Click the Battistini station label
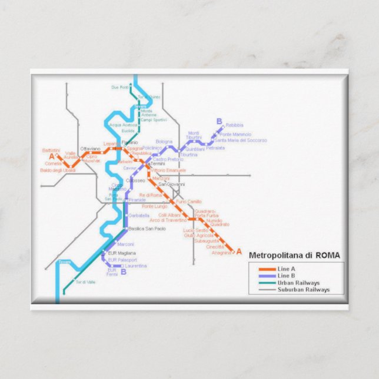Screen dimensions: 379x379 point(51,151)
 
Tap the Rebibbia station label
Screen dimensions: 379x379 point(234,125)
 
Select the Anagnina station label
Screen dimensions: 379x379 point(222,252)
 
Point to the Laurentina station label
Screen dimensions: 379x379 point(136,265)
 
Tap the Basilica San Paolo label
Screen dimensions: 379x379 point(148,228)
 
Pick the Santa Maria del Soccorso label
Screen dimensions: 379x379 point(241,141)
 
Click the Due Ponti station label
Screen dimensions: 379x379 point(119,87)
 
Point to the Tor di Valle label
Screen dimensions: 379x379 point(85,282)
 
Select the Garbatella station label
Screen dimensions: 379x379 point(139,215)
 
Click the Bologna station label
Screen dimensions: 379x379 point(164,141)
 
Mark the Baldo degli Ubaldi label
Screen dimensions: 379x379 point(58,170)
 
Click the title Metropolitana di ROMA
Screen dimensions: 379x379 point(294,255)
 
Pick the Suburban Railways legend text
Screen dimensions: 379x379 point(304,290)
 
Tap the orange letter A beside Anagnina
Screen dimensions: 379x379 point(239,251)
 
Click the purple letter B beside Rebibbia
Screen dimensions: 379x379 point(220,122)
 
